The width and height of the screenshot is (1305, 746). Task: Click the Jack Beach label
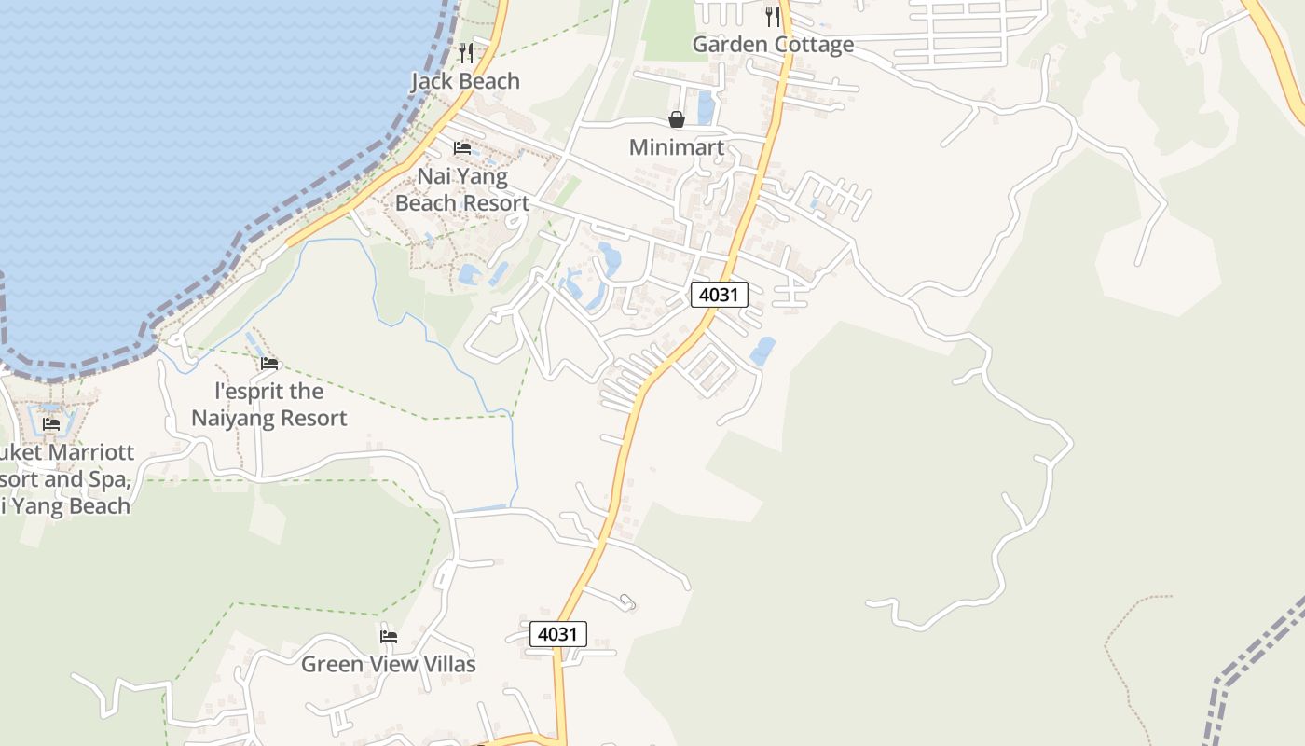coord(465,81)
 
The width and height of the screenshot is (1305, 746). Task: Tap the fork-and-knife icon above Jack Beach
coord(466,52)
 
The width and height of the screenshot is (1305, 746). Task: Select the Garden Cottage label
coord(773,44)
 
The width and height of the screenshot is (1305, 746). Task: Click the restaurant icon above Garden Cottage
coord(772,16)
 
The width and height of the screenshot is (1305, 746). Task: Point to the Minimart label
coord(677,147)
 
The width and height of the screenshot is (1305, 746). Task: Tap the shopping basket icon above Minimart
coord(677,119)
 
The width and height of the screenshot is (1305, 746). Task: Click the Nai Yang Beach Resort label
coord(462,189)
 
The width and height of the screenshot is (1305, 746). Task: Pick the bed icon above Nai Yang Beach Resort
coord(461,147)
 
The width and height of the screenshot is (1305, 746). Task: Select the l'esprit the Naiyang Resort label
coord(269,405)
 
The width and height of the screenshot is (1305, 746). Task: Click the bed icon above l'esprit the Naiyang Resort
coord(269,363)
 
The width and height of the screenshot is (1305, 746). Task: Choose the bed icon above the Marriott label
coord(51,423)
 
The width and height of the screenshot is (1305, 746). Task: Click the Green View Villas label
coord(388,664)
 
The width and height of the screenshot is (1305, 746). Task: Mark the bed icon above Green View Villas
coord(389,636)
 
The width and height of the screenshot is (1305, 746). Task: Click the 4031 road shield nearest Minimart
coord(720,296)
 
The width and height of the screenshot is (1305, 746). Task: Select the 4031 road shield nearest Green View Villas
coord(558,634)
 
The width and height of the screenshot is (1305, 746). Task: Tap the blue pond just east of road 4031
coord(762,352)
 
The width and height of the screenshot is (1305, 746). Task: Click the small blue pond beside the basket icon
coord(706,107)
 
